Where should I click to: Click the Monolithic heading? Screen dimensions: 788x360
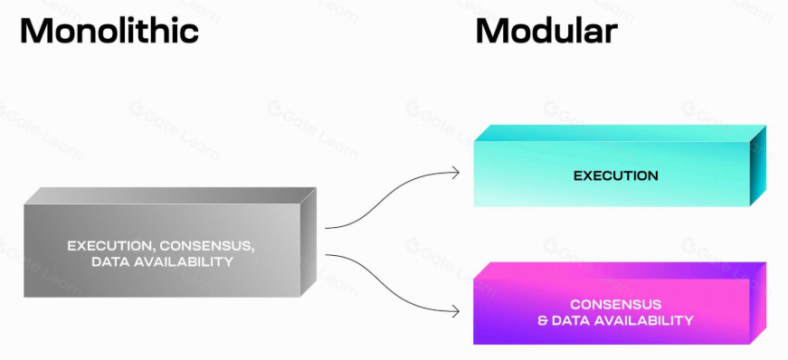click(x=109, y=31)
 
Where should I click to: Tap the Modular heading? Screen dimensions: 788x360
click(x=546, y=31)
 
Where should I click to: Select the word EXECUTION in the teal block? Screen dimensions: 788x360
click(x=615, y=176)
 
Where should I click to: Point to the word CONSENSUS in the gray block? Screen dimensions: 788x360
click(x=207, y=246)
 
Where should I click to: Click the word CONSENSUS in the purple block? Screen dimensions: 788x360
click(x=615, y=304)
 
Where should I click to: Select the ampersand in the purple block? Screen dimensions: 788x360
click(x=542, y=320)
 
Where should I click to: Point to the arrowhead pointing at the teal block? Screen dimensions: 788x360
click(x=456, y=173)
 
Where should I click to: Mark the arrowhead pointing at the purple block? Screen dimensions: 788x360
click(x=456, y=312)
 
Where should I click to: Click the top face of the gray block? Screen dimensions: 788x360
click(x=171, y=195)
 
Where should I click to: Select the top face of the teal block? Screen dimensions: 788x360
click(x=620, y=133)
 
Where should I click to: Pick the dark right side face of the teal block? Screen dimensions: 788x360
click(x=758, y=166)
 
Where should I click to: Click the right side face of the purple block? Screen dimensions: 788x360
click(x=758, y=303)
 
